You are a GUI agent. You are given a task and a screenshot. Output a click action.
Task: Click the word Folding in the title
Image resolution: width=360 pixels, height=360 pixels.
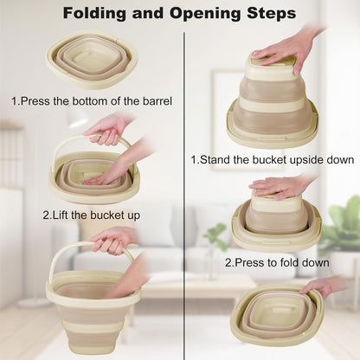(94, 13)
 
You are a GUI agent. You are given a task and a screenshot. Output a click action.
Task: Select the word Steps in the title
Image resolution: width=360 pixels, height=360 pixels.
(272, 13)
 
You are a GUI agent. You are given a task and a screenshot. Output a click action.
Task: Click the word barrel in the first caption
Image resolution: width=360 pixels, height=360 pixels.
(157, 101)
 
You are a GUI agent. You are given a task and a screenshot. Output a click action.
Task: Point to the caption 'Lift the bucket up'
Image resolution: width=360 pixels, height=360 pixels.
(92, 215)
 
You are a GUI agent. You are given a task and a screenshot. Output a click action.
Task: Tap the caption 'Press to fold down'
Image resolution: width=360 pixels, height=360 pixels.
(277, 262)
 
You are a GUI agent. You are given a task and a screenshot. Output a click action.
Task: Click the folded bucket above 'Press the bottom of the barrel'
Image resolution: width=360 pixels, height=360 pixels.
(93, 59)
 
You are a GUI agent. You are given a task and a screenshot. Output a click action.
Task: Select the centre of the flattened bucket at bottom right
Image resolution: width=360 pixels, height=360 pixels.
(278, 311)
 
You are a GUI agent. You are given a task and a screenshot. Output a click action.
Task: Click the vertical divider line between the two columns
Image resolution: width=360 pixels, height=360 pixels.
(183, 196)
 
